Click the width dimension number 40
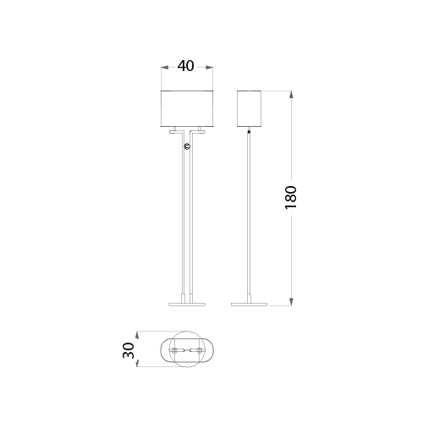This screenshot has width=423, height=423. [x=185, y=66]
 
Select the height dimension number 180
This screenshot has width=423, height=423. [x=291, y=197]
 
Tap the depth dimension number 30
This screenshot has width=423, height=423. [x=129, y=350]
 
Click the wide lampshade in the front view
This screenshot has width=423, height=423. [x=187, y=108]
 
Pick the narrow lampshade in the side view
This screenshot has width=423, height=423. [x=249, y=108]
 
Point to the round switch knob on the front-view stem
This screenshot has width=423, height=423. [x=187, y=146]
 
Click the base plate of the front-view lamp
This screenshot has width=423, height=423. [x=187, y=305]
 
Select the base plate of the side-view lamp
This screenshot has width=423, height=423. [x=249, y=305]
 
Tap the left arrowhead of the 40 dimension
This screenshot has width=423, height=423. [x=164, y=68]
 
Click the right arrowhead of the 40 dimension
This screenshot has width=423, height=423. [x=209, y=68]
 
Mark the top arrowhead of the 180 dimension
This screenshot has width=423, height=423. [x=291, y=95]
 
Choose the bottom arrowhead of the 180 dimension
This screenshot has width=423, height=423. [x=291, y=301]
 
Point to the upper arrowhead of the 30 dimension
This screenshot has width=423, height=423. [x=137, y=335]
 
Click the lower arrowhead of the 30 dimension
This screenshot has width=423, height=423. [x=137, y=363]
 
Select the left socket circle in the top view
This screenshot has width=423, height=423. [x=175, y=350]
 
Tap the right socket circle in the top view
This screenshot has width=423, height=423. [x=200, y=350]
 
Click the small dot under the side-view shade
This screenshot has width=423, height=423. [x=249, y=131]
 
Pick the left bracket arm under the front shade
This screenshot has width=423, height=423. [x=177, y=132]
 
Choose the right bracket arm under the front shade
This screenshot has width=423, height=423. [x=197, y=132]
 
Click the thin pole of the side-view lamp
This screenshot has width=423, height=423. [x=249, y=214]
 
